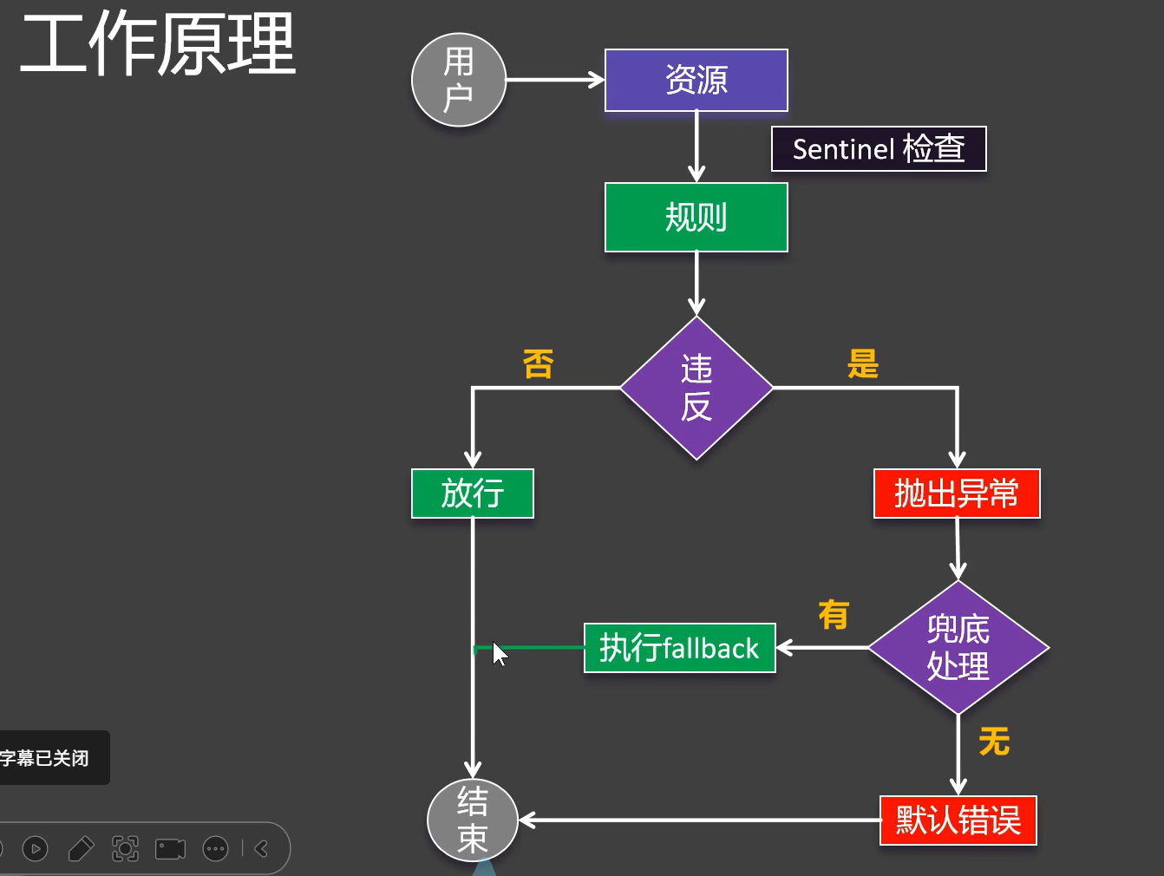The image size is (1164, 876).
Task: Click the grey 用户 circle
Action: [x=458, y=80]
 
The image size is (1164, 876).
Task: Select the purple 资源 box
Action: [x=696, y=80]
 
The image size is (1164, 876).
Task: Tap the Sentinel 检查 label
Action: [x=878, y=149]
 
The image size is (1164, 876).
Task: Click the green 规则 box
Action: [x=696, y=217]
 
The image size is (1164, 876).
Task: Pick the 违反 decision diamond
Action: [x=696, y=388]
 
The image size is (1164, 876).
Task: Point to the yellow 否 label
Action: [x=538, y=364]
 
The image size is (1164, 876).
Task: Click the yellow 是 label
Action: [x=863, y=364]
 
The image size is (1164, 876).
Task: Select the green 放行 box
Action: [x=472, y=494]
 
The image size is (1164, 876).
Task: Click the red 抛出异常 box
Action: [x=956, y=494]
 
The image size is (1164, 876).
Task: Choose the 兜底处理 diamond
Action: [x=958, y=648]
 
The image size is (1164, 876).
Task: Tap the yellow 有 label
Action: [x=834, y=615]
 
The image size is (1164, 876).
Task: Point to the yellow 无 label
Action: [x=994, y=742]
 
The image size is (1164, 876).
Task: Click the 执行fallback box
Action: [x=679, y=648]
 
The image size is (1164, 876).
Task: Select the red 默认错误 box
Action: [x=958, y=820]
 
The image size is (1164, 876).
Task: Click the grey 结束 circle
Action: [x=473, y=820]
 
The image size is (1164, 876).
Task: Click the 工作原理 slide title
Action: [x=158, y=45]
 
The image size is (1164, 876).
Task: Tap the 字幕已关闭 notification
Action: [x=48, y=758]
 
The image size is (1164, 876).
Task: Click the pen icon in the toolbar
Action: [x=81, y=848]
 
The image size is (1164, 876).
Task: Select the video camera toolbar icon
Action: [x=170, y=848]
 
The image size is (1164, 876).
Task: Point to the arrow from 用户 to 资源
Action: [x=555, y=80]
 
